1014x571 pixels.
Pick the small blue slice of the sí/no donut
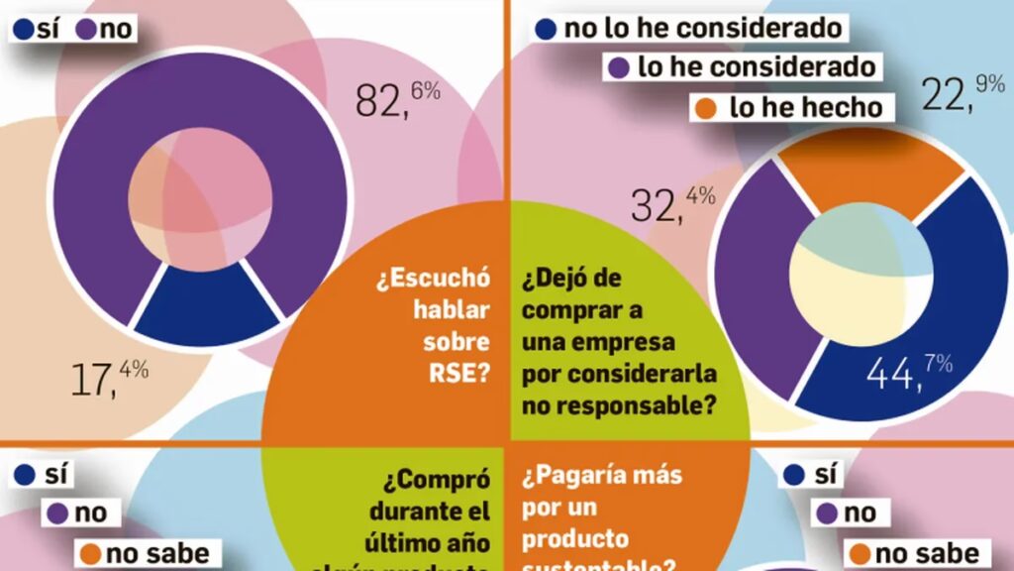coord(207,308)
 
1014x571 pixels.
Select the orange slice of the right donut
coord(871,178)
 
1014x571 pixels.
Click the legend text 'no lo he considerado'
coord(703,27)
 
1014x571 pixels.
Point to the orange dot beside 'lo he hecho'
coord(709,107)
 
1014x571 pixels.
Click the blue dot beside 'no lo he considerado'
coord(545,28)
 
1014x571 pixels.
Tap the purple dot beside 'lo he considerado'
coord(619,67)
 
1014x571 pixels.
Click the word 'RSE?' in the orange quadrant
coord(463,374)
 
